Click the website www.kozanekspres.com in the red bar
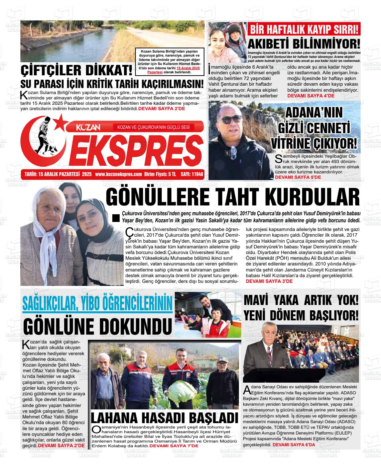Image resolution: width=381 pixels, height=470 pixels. coord(118,174)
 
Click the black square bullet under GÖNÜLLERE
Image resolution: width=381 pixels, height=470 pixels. coord(116,218)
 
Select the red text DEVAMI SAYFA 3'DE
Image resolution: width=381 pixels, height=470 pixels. coord(269,281)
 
